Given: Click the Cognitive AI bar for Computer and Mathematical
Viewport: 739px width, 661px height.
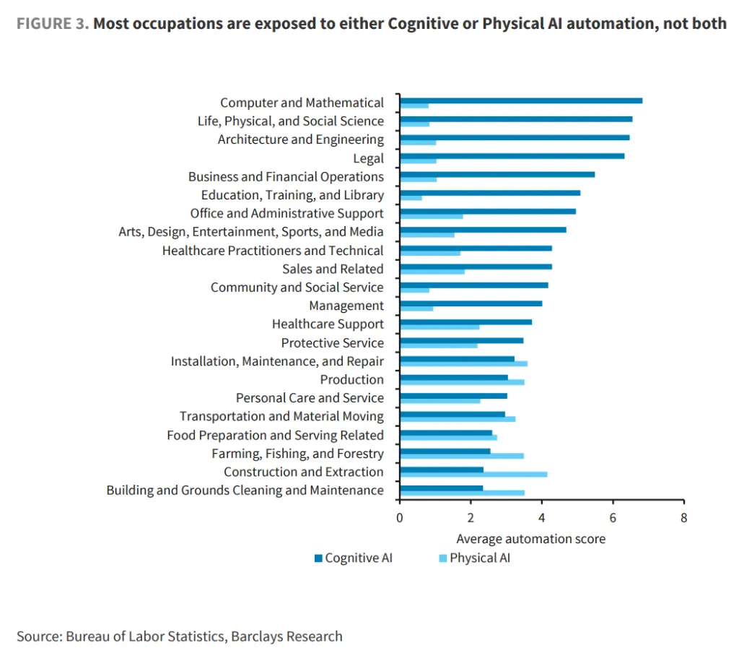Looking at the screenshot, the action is [521, 100].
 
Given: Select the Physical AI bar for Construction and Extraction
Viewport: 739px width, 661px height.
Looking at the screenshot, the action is [473, 474].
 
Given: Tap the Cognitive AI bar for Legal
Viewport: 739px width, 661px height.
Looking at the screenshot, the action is [512, 156].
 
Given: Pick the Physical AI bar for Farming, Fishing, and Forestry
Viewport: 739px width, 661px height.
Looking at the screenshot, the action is [462, 456].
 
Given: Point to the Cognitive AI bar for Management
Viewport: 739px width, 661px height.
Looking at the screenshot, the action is [471, 303].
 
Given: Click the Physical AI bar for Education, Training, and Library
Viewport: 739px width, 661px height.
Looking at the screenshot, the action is [411, 198].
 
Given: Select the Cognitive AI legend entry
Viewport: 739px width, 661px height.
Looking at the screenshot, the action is [354, 558].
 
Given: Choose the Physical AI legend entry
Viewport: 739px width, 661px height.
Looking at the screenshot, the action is [475, 558].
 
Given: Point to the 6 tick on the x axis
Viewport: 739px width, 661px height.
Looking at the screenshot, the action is [613, 501].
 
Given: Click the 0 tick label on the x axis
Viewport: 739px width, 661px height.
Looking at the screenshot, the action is [400, 518].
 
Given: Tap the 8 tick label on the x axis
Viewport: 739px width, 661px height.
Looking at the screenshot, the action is [684, 518].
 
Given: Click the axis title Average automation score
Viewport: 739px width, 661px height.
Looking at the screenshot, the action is [530, 539].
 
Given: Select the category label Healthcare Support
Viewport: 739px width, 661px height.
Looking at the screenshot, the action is [328, 324].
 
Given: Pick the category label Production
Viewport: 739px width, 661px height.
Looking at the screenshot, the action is [352, 379].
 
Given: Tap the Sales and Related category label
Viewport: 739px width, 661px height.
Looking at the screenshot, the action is [333, 269].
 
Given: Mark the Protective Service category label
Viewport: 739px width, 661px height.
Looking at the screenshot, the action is [333, 343].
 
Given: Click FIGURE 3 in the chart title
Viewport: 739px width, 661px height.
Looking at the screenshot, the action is [52, 23].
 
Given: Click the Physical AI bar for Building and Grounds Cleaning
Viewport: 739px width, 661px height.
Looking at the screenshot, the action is [463, 493].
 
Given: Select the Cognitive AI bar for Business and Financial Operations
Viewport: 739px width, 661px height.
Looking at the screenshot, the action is [497, 175].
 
